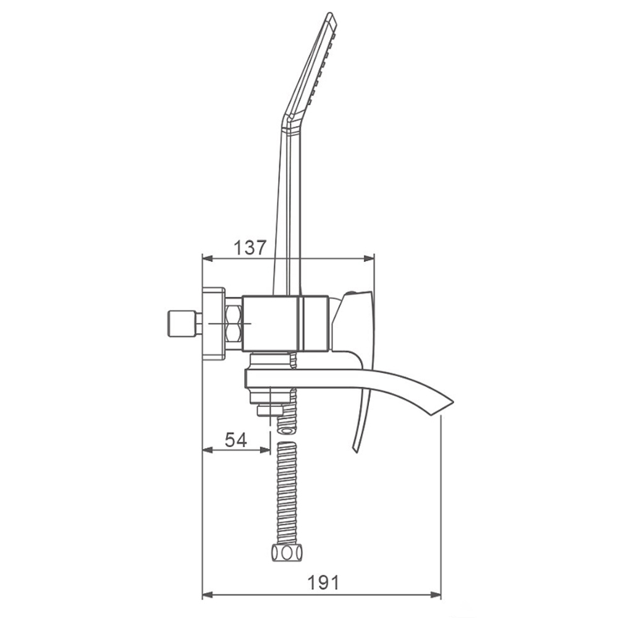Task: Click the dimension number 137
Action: [250, 248]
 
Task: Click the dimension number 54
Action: [236, 439]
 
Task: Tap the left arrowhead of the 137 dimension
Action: [207, 258]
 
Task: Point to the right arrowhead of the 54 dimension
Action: [265, 450]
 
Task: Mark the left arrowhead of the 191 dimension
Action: [207, 595]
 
